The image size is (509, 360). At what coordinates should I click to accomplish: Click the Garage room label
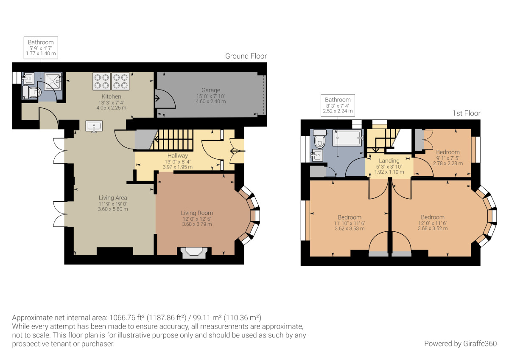pyautogui.click(x=211, y=90)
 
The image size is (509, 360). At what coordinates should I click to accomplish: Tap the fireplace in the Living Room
pyautogui.click(x=194, y=253)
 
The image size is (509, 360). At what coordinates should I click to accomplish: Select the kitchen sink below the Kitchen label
pyautogui.click(x=94, y=127)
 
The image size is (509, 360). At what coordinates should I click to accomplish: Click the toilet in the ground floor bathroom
pyautogui.click(x=32, y=93)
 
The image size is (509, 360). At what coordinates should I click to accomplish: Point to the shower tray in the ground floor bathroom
pyautogui.click(x=53, y=81)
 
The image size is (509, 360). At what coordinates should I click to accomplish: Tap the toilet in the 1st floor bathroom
pyautogui.click(x=319, y=138)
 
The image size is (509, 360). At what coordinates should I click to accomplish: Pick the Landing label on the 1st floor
pyautogui.click(x=389, y=161)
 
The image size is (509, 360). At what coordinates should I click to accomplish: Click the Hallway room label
pyautogui.click(x=177, y=156)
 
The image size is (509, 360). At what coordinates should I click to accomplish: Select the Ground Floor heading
pyautogui.click(x=246, y=56)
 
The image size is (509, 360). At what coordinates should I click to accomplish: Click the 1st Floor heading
pyautogui.click(x=466, y=113)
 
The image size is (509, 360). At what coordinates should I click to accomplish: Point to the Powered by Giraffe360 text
pyautogui.click(x=460, y=343)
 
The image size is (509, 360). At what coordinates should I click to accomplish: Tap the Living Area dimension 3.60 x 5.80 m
pyautogui.click(x=113, y=209)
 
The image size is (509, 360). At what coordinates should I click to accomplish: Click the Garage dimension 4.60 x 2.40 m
pyautogui.click(x=211, y=101)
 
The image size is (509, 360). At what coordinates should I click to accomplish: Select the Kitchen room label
pyautogui.click(x=111, y=96)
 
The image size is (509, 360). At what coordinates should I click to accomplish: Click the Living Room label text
pyautogui.click(x=197, y=213)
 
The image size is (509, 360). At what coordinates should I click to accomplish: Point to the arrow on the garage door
pyautogui.click(x=157, y=98)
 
